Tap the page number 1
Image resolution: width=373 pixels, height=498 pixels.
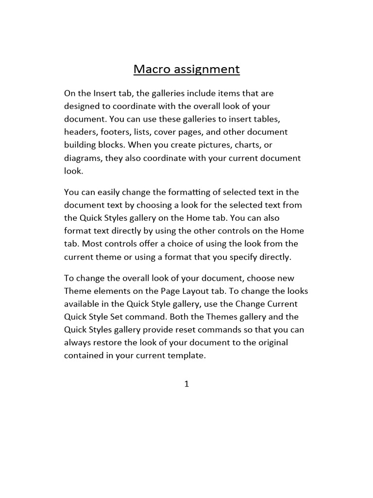186,384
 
